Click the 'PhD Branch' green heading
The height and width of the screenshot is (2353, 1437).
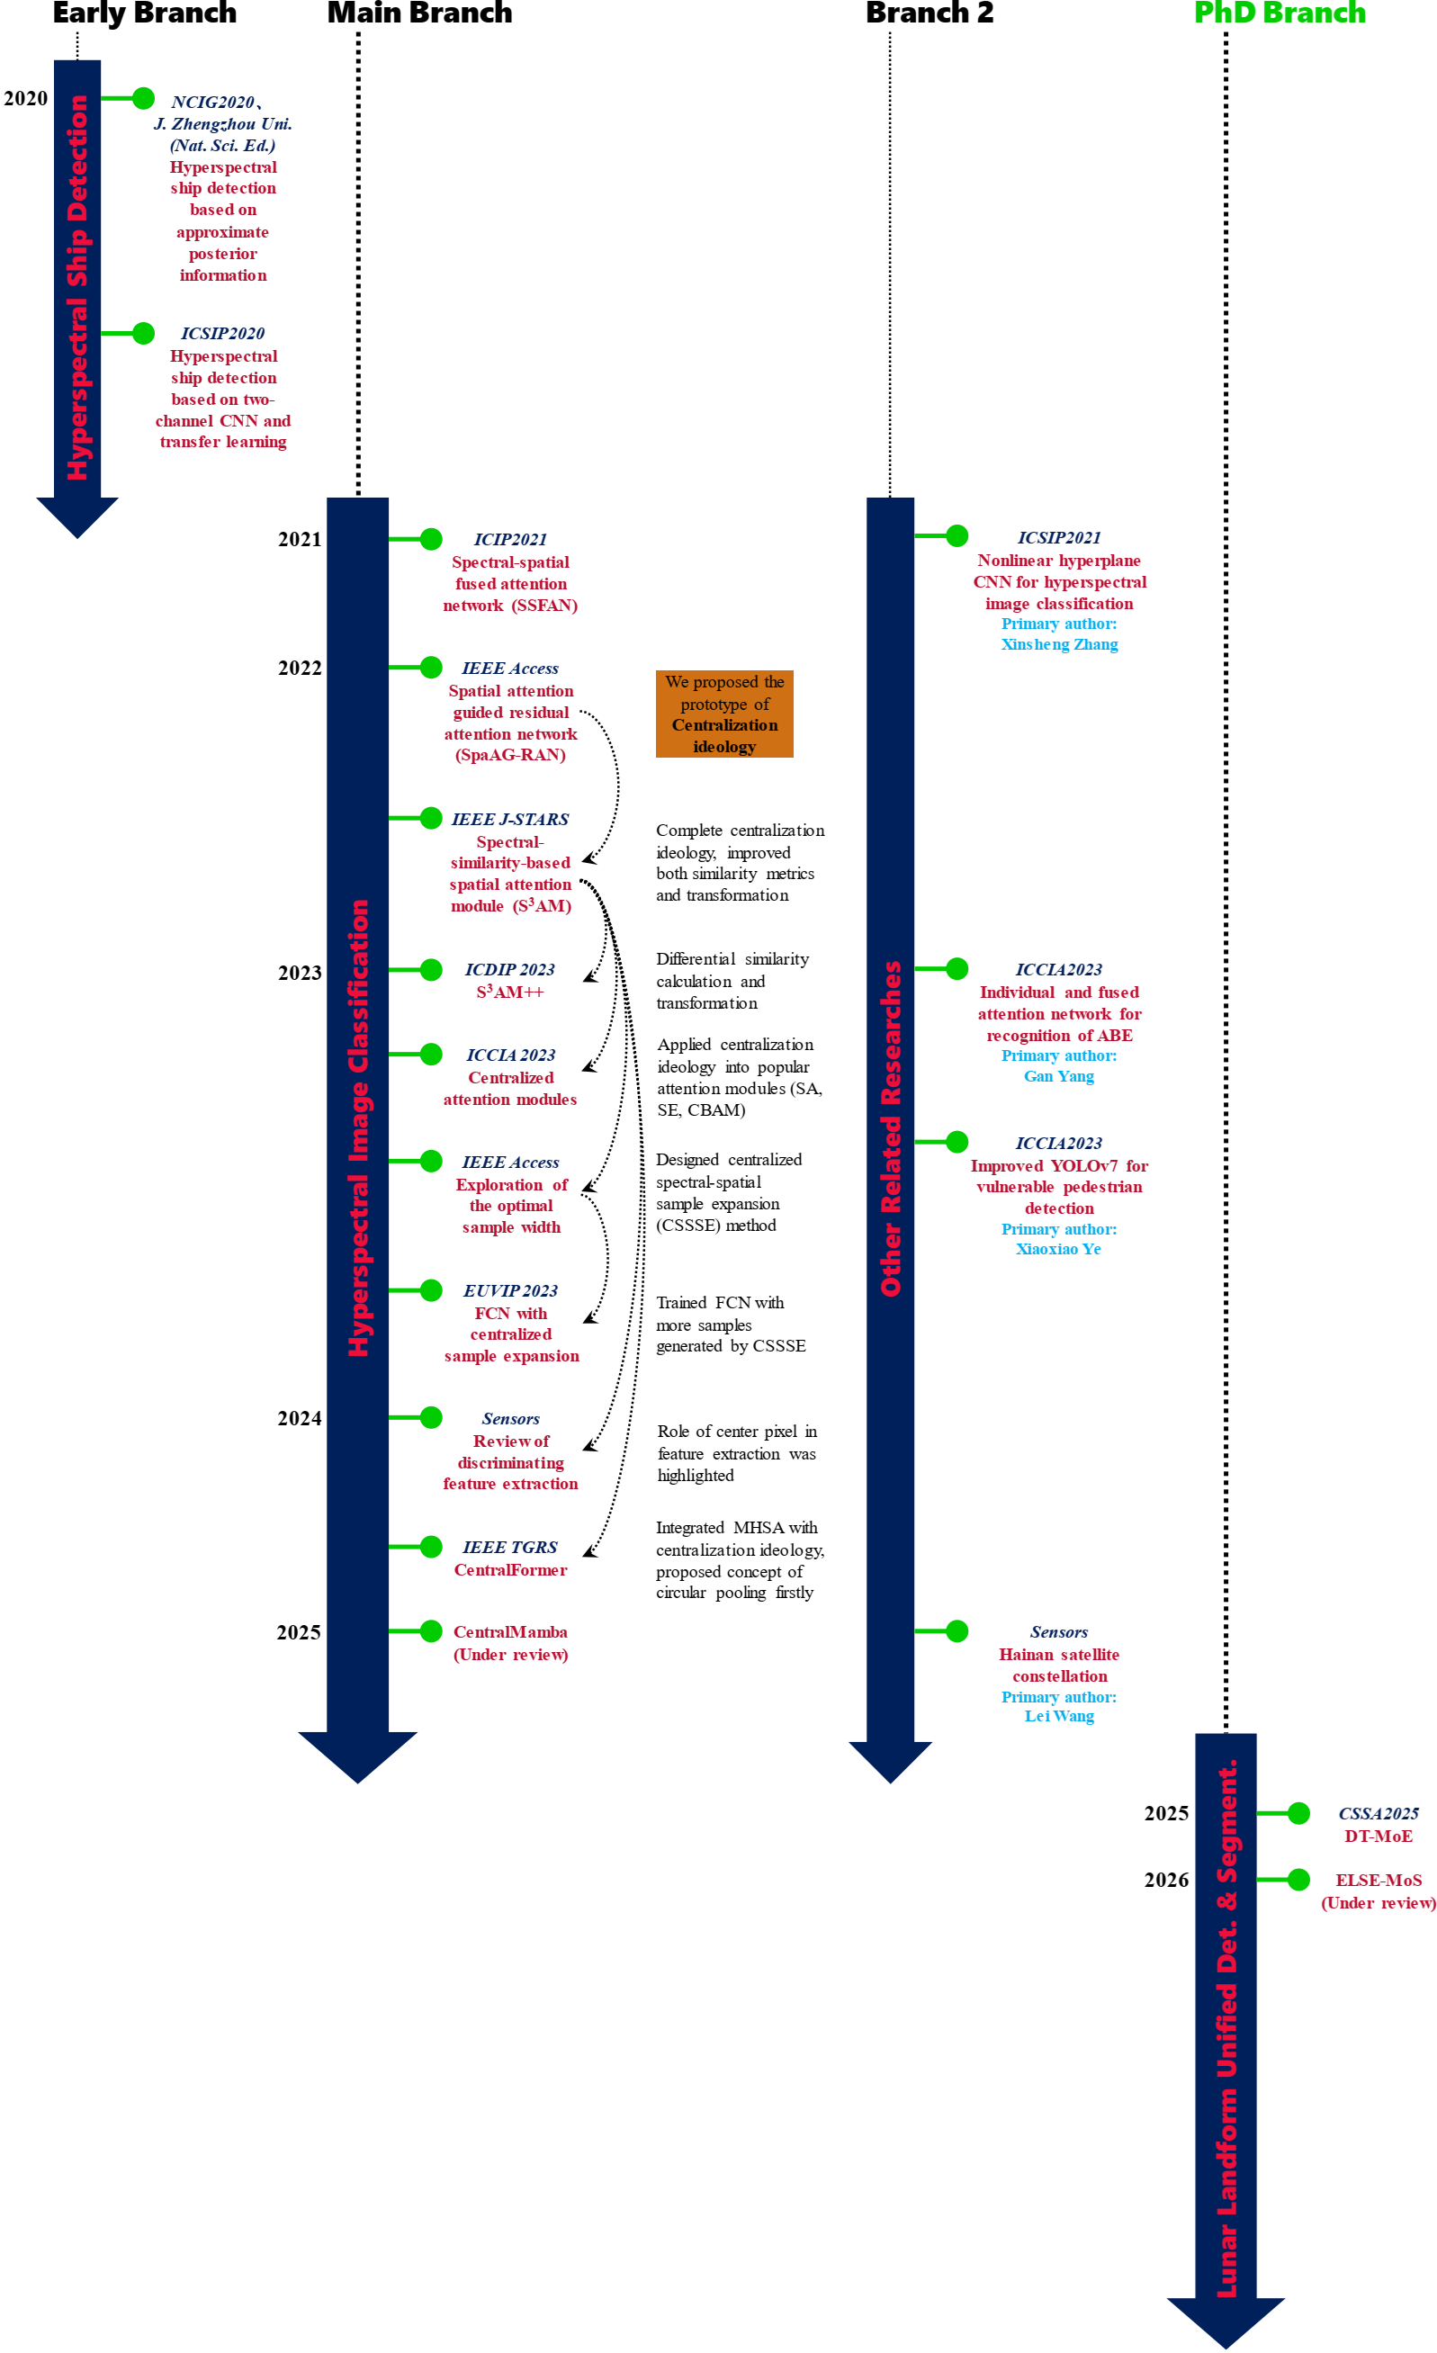click(x=1279, y=13)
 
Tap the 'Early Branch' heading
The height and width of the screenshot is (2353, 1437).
click(x=144, y=13)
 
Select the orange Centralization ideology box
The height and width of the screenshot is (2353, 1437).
click(x=723, y=714)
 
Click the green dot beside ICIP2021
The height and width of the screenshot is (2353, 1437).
click(x=432, y=539)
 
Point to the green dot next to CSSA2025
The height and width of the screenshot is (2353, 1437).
click(x=1298, y=1812)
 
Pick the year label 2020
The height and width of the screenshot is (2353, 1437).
click(x=26, y=98)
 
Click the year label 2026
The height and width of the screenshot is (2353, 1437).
click(x=1166, y=1880)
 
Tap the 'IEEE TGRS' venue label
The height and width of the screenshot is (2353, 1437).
click(x=510, y=1547)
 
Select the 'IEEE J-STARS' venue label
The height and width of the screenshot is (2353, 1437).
click(x=510, y=820)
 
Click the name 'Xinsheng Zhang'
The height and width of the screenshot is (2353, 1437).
click(x=1059, y=644)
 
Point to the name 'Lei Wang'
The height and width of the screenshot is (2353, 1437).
click(x=1059, y=1716)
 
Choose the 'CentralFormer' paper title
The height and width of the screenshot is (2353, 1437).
click(x=510, y=1570)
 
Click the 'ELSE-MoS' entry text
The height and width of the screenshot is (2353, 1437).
click(x=1378, y=1880)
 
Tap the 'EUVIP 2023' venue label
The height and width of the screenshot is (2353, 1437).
click(x=510, y=1290)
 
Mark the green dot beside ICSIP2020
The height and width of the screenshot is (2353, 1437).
click(x=143, y=333)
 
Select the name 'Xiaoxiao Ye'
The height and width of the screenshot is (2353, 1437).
click(x=1058, y=1249)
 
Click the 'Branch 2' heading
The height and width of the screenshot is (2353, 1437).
click(x=929, y=13)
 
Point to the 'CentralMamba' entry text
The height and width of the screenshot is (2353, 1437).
click(x=510, y=1632)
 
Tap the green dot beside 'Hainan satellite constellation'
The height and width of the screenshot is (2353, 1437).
click(x=957, y=1631)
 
